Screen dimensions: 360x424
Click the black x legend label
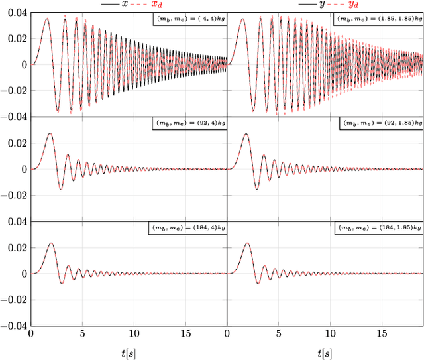point(124,4)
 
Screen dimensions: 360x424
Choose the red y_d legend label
point(353,5)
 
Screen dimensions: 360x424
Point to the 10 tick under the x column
point(134,335)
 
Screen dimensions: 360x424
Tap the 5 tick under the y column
point(279,335)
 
